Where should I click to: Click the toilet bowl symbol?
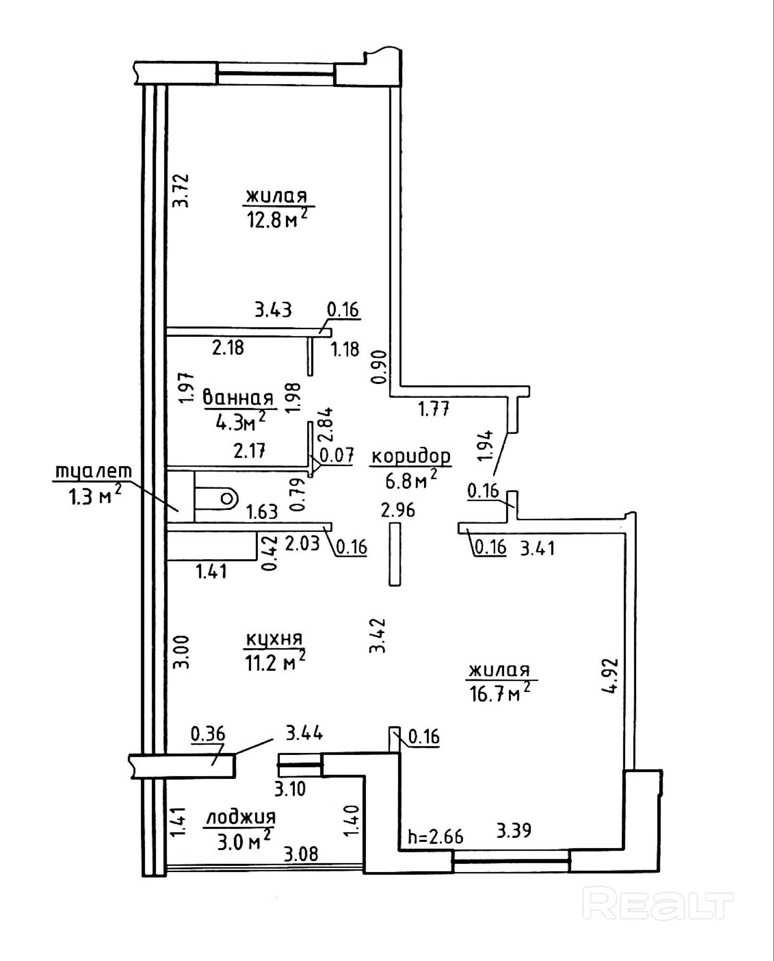(x=216, y=498)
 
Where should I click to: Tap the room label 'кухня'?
(x=274, y=639)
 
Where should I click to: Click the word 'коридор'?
(x=411, y=456)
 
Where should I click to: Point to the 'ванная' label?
(x=239, y=398)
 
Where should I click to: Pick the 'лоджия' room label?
(x=241, y=817)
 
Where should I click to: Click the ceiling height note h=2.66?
(x=435, y=837)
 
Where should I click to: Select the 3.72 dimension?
(x=182, y=190)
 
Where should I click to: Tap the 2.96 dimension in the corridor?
(x=398, y=510)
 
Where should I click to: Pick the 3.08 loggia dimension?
(x=301, y=854)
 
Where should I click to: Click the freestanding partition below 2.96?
(x=395, y=554)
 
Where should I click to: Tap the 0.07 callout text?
(x=337, y=455)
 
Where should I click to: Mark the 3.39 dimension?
(x=514, y=830)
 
